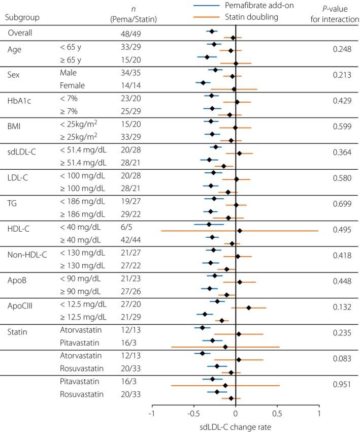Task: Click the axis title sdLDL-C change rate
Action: pyautogui.click(x=235, y=426)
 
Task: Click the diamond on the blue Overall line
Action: pyautogui.click(x=212, y=32)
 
